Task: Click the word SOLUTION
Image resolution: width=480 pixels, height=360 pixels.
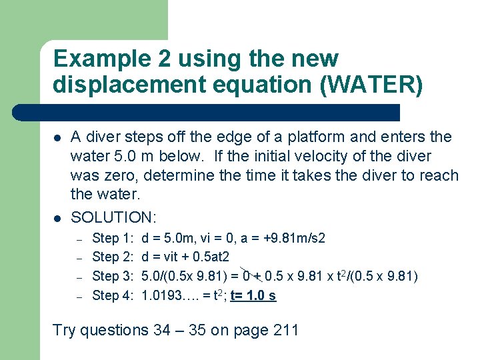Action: coord(113,217)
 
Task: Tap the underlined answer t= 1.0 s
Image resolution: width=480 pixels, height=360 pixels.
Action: coord(253,295)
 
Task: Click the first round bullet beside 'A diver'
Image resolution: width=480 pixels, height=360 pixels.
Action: coord(58,138)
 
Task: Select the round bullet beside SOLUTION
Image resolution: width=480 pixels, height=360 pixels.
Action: coord(58,218)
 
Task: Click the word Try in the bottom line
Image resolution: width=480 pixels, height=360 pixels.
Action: coord(65,330)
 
